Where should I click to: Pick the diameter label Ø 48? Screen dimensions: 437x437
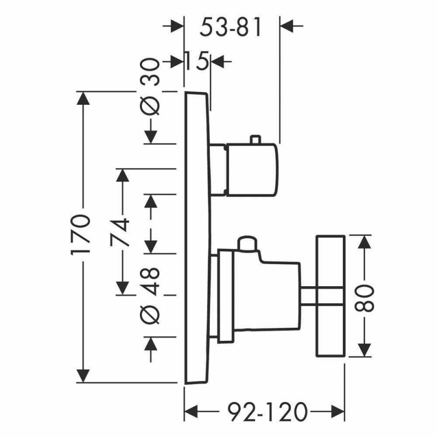coord(152,296)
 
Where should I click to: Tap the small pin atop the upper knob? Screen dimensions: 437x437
coord(253,140)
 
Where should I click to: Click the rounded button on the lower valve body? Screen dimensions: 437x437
coord(246,243)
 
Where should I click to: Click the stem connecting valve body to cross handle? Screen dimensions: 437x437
coord(309,296)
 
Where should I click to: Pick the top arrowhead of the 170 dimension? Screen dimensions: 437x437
coord(83,98)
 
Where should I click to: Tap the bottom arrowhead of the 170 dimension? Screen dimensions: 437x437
coord(83,376)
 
